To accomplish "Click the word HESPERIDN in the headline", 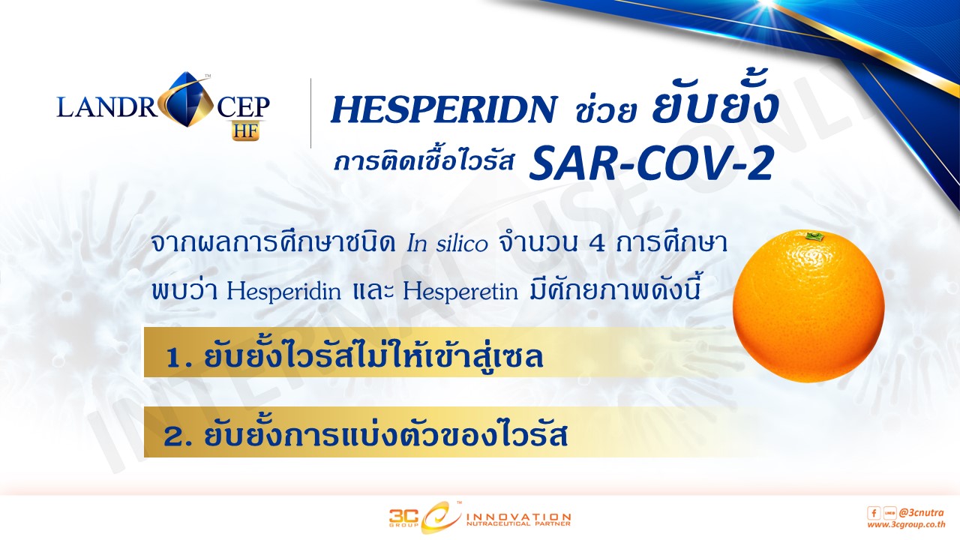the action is click(x=444, y=109).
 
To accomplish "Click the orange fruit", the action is click(x=808, y=306).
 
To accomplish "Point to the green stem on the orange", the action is click(x=812, y=236).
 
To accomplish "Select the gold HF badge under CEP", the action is click(x=247, y=130).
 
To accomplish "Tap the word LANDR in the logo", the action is click(x=107, y=107).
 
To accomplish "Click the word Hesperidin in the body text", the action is click(x=283, y=292).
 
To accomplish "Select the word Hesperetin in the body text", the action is click(x=460, y=292).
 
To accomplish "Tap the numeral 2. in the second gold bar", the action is click(x=177, y=437).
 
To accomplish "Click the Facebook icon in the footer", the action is click(x=874, y=512).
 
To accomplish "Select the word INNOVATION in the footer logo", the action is click(x=518, y=517).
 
